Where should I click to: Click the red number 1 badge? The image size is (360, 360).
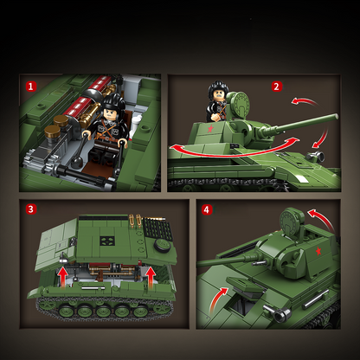pyautogui.click(x=31, y=87)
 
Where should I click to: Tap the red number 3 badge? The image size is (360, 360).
pyautogui.click(x=31, y=209)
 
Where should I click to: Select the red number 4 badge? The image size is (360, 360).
pyautogui.click(x=206, y=209)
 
